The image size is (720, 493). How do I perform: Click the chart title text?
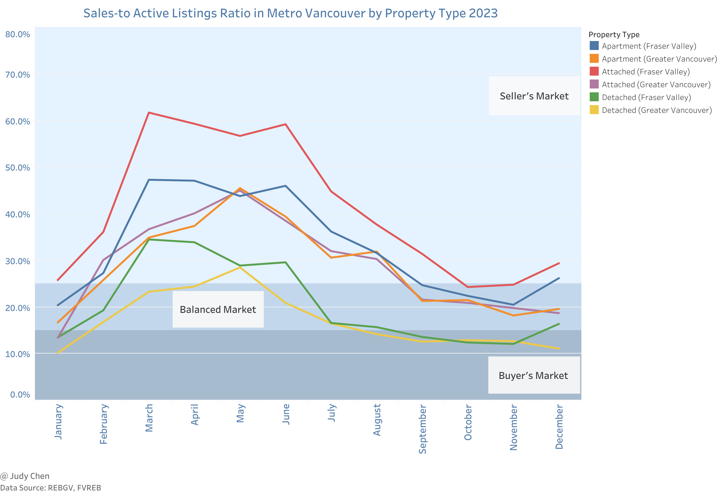coord(290,13)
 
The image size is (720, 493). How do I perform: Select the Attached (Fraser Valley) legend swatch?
coord(594,71)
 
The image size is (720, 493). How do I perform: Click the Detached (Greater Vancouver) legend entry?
coord(657,110)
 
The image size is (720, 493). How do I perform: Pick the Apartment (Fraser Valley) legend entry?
coord(649,46)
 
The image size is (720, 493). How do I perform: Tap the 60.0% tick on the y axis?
coord(18,121)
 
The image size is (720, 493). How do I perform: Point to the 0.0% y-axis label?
coord(20,395)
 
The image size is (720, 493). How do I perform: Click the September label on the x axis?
coord(423,429)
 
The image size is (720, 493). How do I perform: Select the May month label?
coord(240,414)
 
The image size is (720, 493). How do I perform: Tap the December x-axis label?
coord(559,427)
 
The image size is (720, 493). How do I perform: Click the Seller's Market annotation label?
coord(534,96)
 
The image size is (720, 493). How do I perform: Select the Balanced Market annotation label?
coord(218,310)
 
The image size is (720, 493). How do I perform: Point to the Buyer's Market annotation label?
coord(533,375)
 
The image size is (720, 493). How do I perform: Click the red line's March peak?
coord(149,113)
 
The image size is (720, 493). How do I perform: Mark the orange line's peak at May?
coord(240,188)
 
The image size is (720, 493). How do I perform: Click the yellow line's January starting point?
coord(58,353)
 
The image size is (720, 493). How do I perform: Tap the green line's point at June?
coord(286,262)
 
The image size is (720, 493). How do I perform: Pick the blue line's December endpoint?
coord(559,278)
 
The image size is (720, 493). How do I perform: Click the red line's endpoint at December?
coord(559,263)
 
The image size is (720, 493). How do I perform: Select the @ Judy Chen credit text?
coord(25,476)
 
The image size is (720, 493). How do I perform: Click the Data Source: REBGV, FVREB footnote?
coord(51,488)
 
